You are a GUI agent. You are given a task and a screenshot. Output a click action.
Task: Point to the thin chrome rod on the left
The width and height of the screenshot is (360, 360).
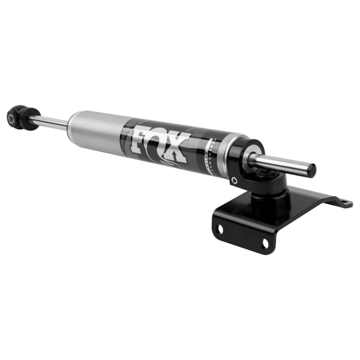click(51, 122)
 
